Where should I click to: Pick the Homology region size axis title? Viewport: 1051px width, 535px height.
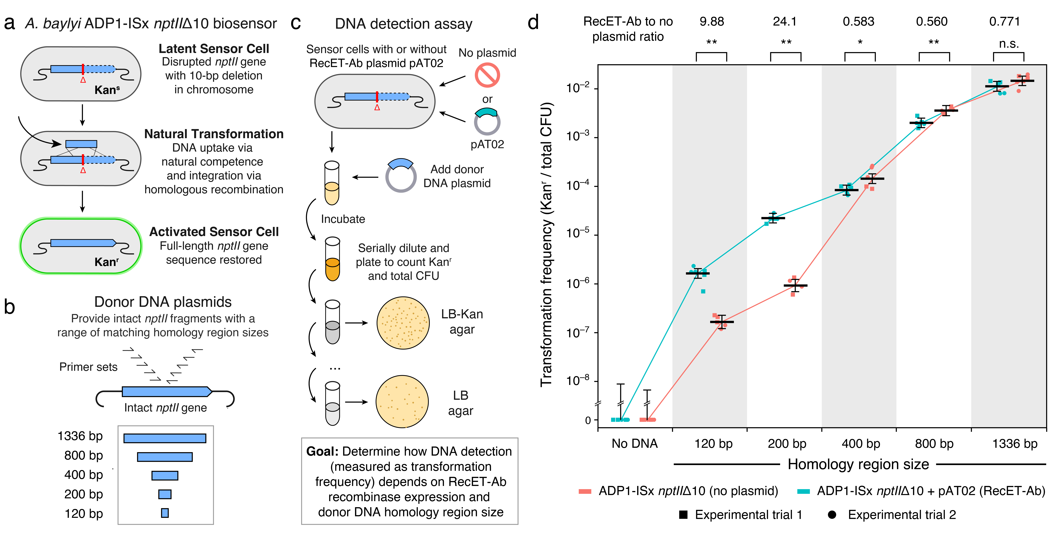[858, 464]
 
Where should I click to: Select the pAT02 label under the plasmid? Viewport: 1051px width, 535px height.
[487, 144]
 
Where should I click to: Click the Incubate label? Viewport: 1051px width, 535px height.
[343, 219]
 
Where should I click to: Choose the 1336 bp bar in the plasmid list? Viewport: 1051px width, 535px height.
[165, 438]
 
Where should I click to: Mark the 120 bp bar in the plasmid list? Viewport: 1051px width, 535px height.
[165, 513]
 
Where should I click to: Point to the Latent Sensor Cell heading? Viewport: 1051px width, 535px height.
[214, 49]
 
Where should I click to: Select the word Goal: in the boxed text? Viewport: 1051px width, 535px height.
[322, 451]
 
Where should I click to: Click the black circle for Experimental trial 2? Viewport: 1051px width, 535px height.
[832, 515]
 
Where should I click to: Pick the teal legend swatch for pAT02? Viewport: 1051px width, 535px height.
[803, 491]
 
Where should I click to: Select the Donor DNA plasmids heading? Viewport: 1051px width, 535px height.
[163, 302]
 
